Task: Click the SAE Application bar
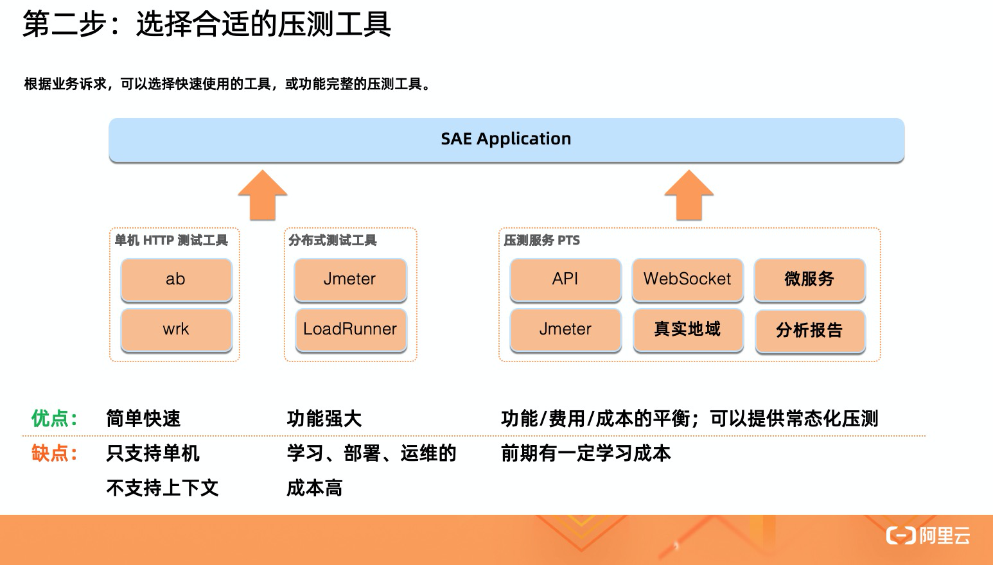(x=506, y=139)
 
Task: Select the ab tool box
(x=176, y=279)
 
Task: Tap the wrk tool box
(x=176, y=329)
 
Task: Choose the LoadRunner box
(x=350, y=329)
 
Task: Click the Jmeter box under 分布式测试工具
(x=350, y=279)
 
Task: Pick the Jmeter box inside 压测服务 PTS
(x=565, y=329)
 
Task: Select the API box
(x=565, y=279)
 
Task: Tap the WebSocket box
(x=687, y=279)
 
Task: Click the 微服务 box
(x=809, y=279)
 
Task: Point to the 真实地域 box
(x=687, y=329)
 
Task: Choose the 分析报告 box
(x=809, y=331)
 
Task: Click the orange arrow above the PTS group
(x=689, y=195)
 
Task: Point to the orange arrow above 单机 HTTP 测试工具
(x=262, y=195)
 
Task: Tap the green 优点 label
(x=55, y=419)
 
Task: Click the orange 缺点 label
(x=55, y=453)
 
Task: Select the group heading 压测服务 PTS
(x=541, y=241)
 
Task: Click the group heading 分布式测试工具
(x=333, y=241)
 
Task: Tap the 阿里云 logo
(x=928, y=535)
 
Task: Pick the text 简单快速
(x=143, y=419)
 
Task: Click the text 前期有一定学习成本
(x=586, y=453)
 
